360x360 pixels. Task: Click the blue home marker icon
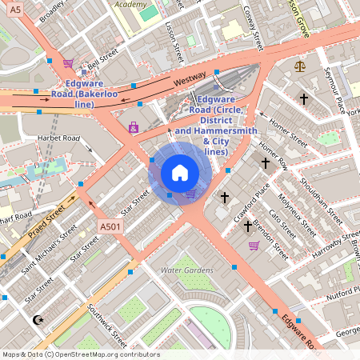180,173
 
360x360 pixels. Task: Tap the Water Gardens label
187,270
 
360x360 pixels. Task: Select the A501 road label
112,228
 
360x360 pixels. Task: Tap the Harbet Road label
59,138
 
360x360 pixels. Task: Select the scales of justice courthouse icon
300,66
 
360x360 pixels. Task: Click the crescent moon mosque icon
38,320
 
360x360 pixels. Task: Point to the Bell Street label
103,59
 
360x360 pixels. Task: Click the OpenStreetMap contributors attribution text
80,354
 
